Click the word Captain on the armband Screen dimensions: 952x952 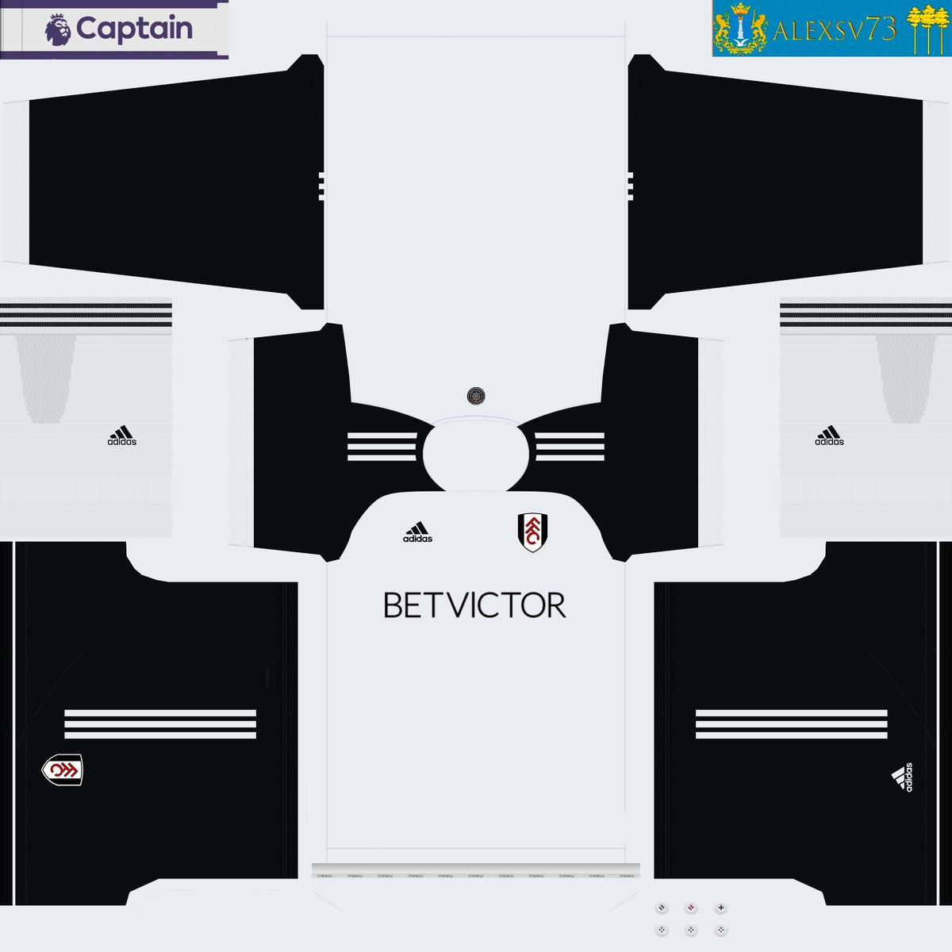[134, 29]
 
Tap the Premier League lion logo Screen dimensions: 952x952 [57, 30]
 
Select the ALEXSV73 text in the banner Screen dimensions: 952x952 [834, 31]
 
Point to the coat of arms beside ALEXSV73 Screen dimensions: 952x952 [741, 29]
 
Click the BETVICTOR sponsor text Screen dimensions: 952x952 [474, 605]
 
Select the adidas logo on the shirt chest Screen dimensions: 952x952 [417, 532]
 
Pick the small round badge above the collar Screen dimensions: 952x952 [476, 395]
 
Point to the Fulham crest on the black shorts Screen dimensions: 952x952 [62, 770]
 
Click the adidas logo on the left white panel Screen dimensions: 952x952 [121, 436]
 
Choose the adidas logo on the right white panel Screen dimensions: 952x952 [829, 436]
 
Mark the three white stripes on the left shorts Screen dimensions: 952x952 [159, 724]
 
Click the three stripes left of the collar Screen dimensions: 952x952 [382, 446]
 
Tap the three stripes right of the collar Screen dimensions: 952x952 [570, 446]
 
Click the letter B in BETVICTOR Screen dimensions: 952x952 [393, 605]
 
